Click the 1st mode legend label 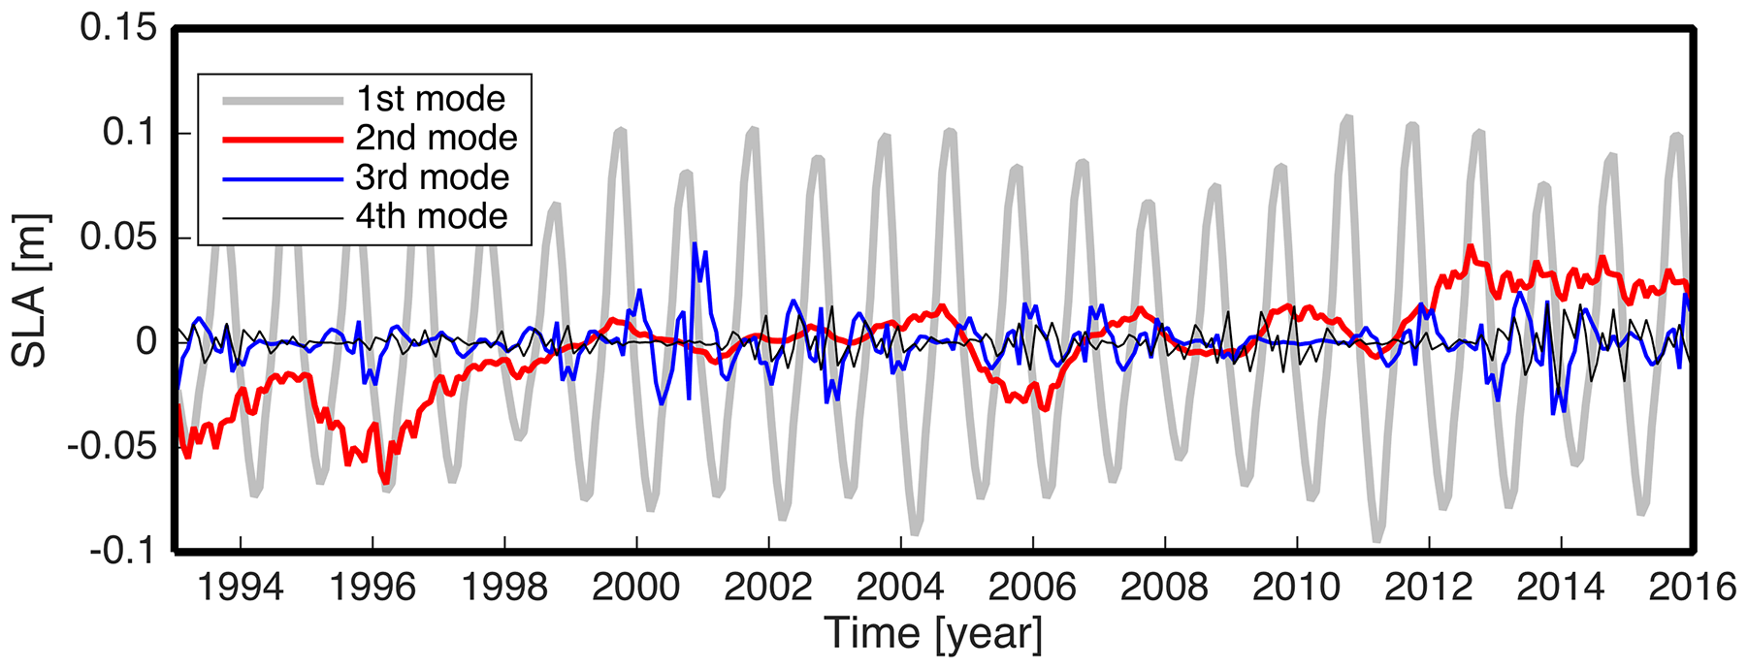(x=431, y=99)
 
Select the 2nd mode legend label (x=437, y=138)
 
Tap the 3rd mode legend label (x=433, y=177)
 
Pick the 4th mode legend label (x=432, y=216)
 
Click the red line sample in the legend (x=283, y=140)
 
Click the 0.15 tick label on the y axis (x=118, y=27)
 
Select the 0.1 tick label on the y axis (x=130, y=132)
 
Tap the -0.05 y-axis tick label (x=112, y=447)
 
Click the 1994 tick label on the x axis (x=240, y=588)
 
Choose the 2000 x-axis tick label (x=636, y=588)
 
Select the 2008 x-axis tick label (x=1165, y=588)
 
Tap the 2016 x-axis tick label (x=1693, y=588)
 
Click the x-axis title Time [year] (x=934, y=634)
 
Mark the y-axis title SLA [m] (x=31, y=291)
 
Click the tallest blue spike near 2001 (x=695, y=244)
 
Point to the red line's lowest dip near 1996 (x=385, y=482)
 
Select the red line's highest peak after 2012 (x=1471, y=246)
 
